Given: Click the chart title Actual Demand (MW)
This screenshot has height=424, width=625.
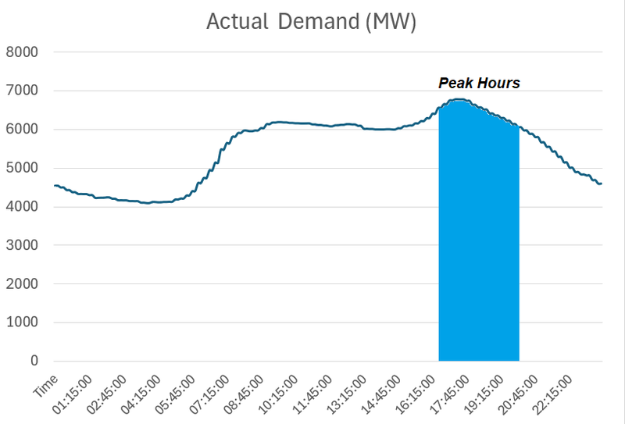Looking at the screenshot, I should [311, 22].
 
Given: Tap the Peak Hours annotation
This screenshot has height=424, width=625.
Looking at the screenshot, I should [478, 83].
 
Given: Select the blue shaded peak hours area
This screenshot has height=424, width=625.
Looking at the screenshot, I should [478, 250].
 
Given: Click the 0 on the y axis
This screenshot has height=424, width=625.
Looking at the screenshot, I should [34, 361].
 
